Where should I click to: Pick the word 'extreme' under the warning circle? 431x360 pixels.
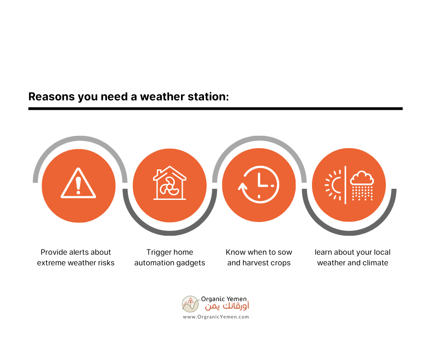[51, 263]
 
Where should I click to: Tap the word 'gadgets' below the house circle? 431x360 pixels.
[191, 263]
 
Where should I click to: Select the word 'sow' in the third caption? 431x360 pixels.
[285, 252]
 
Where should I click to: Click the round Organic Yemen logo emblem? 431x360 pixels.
[190, 304]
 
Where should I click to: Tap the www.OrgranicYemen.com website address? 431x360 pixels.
[216, 317]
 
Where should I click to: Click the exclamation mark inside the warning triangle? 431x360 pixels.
[78, 185]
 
